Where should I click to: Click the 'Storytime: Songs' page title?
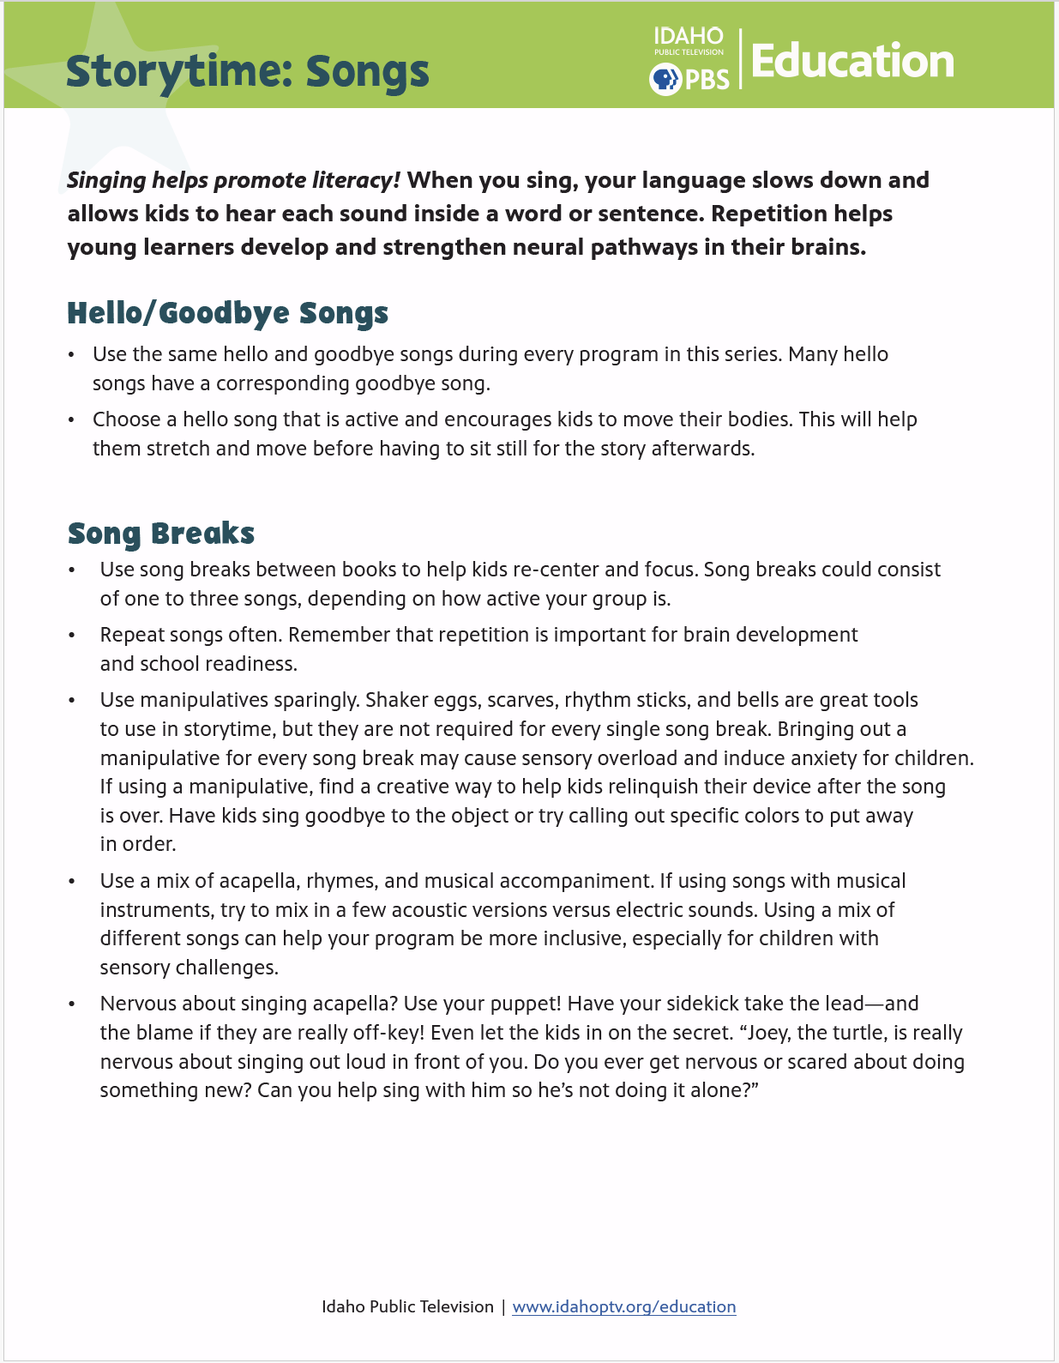(247, 72)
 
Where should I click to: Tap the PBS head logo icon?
(665, 80)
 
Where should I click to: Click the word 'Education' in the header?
(852, 62)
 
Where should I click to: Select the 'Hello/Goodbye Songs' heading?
(227, 314)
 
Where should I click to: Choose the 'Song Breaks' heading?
(161, 534)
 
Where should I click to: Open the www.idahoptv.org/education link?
(623, 1306)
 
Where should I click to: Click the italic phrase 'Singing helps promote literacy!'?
(234, 180)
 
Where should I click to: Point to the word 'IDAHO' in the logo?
(689, 36)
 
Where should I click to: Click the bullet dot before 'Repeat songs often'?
(73, 636)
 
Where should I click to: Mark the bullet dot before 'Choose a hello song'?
(72, 420)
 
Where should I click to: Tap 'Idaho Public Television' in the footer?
(407, 1306)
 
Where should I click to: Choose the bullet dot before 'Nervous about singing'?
(73, 1004)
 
